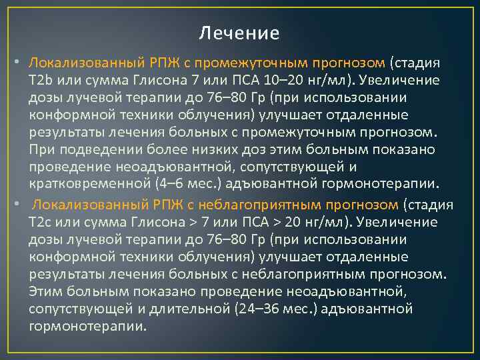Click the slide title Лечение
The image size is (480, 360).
240,33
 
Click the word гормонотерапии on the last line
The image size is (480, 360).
87,326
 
